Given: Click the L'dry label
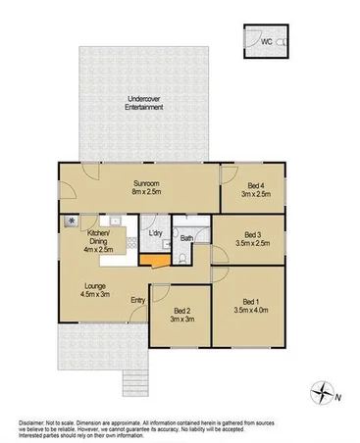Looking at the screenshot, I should [155, 233].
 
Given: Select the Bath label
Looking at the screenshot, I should [186, 238].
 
